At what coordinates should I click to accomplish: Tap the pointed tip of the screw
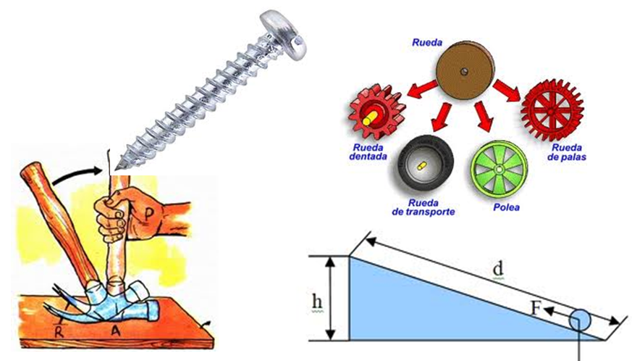pyautogui.click(x=116, y=168)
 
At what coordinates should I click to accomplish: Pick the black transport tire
pyautogui.click(x=425, y=165)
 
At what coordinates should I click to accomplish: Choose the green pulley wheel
pyautogui.click(x=499, y=168)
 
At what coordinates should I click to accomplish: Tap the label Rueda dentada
pyautogui.click(x=368, y=152)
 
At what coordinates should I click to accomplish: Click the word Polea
pyautogui.click(x=506, y=207)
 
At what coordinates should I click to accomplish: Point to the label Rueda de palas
pyautogui.click(x=567, y=152)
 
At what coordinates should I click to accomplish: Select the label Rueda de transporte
pyautogui.click(x=424, y=207)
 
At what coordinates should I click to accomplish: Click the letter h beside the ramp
pyautogui.click(x=317, y=302)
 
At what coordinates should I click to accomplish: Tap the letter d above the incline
pyautogui.click(x=497, y=269)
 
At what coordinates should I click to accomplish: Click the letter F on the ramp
pyautogui.click(x=536, y=308)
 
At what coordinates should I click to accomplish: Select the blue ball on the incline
pyautogui.click(x=580, y=320)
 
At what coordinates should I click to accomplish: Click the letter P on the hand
pyautogui.click(x=149, y=214)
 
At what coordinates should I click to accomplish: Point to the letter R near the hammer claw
pyautogui.click(x=59, y=331)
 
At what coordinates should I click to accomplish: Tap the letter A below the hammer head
pyautogui.click(x=117, y=331)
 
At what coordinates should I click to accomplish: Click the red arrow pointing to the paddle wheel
pyautogui.click(x=507, y=90)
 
